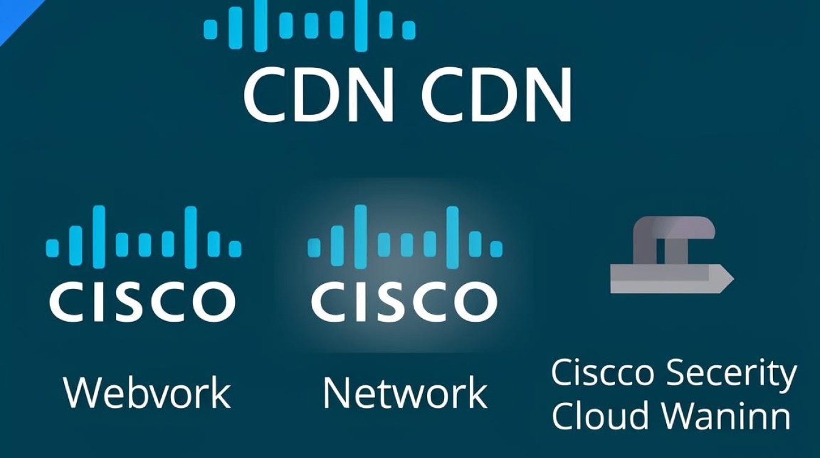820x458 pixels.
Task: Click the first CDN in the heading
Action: pos(318,94)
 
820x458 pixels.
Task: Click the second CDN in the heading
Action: pos(496,94)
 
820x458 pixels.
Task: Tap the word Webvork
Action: pos(147,393)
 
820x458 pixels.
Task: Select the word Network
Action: pos(405,393)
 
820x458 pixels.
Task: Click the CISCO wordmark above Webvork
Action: pos(142,301)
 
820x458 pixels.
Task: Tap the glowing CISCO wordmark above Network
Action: pos(404,301)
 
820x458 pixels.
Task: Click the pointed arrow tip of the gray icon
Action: pos(733,278)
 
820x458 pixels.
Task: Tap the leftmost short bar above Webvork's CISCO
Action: pos(52,248)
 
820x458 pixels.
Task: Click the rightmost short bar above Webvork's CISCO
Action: pos(235,248)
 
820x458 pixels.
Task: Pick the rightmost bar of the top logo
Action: pos(409,29)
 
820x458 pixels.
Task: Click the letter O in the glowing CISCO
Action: pos(478,301)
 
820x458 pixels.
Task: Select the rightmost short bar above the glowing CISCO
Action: pos(497,248)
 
